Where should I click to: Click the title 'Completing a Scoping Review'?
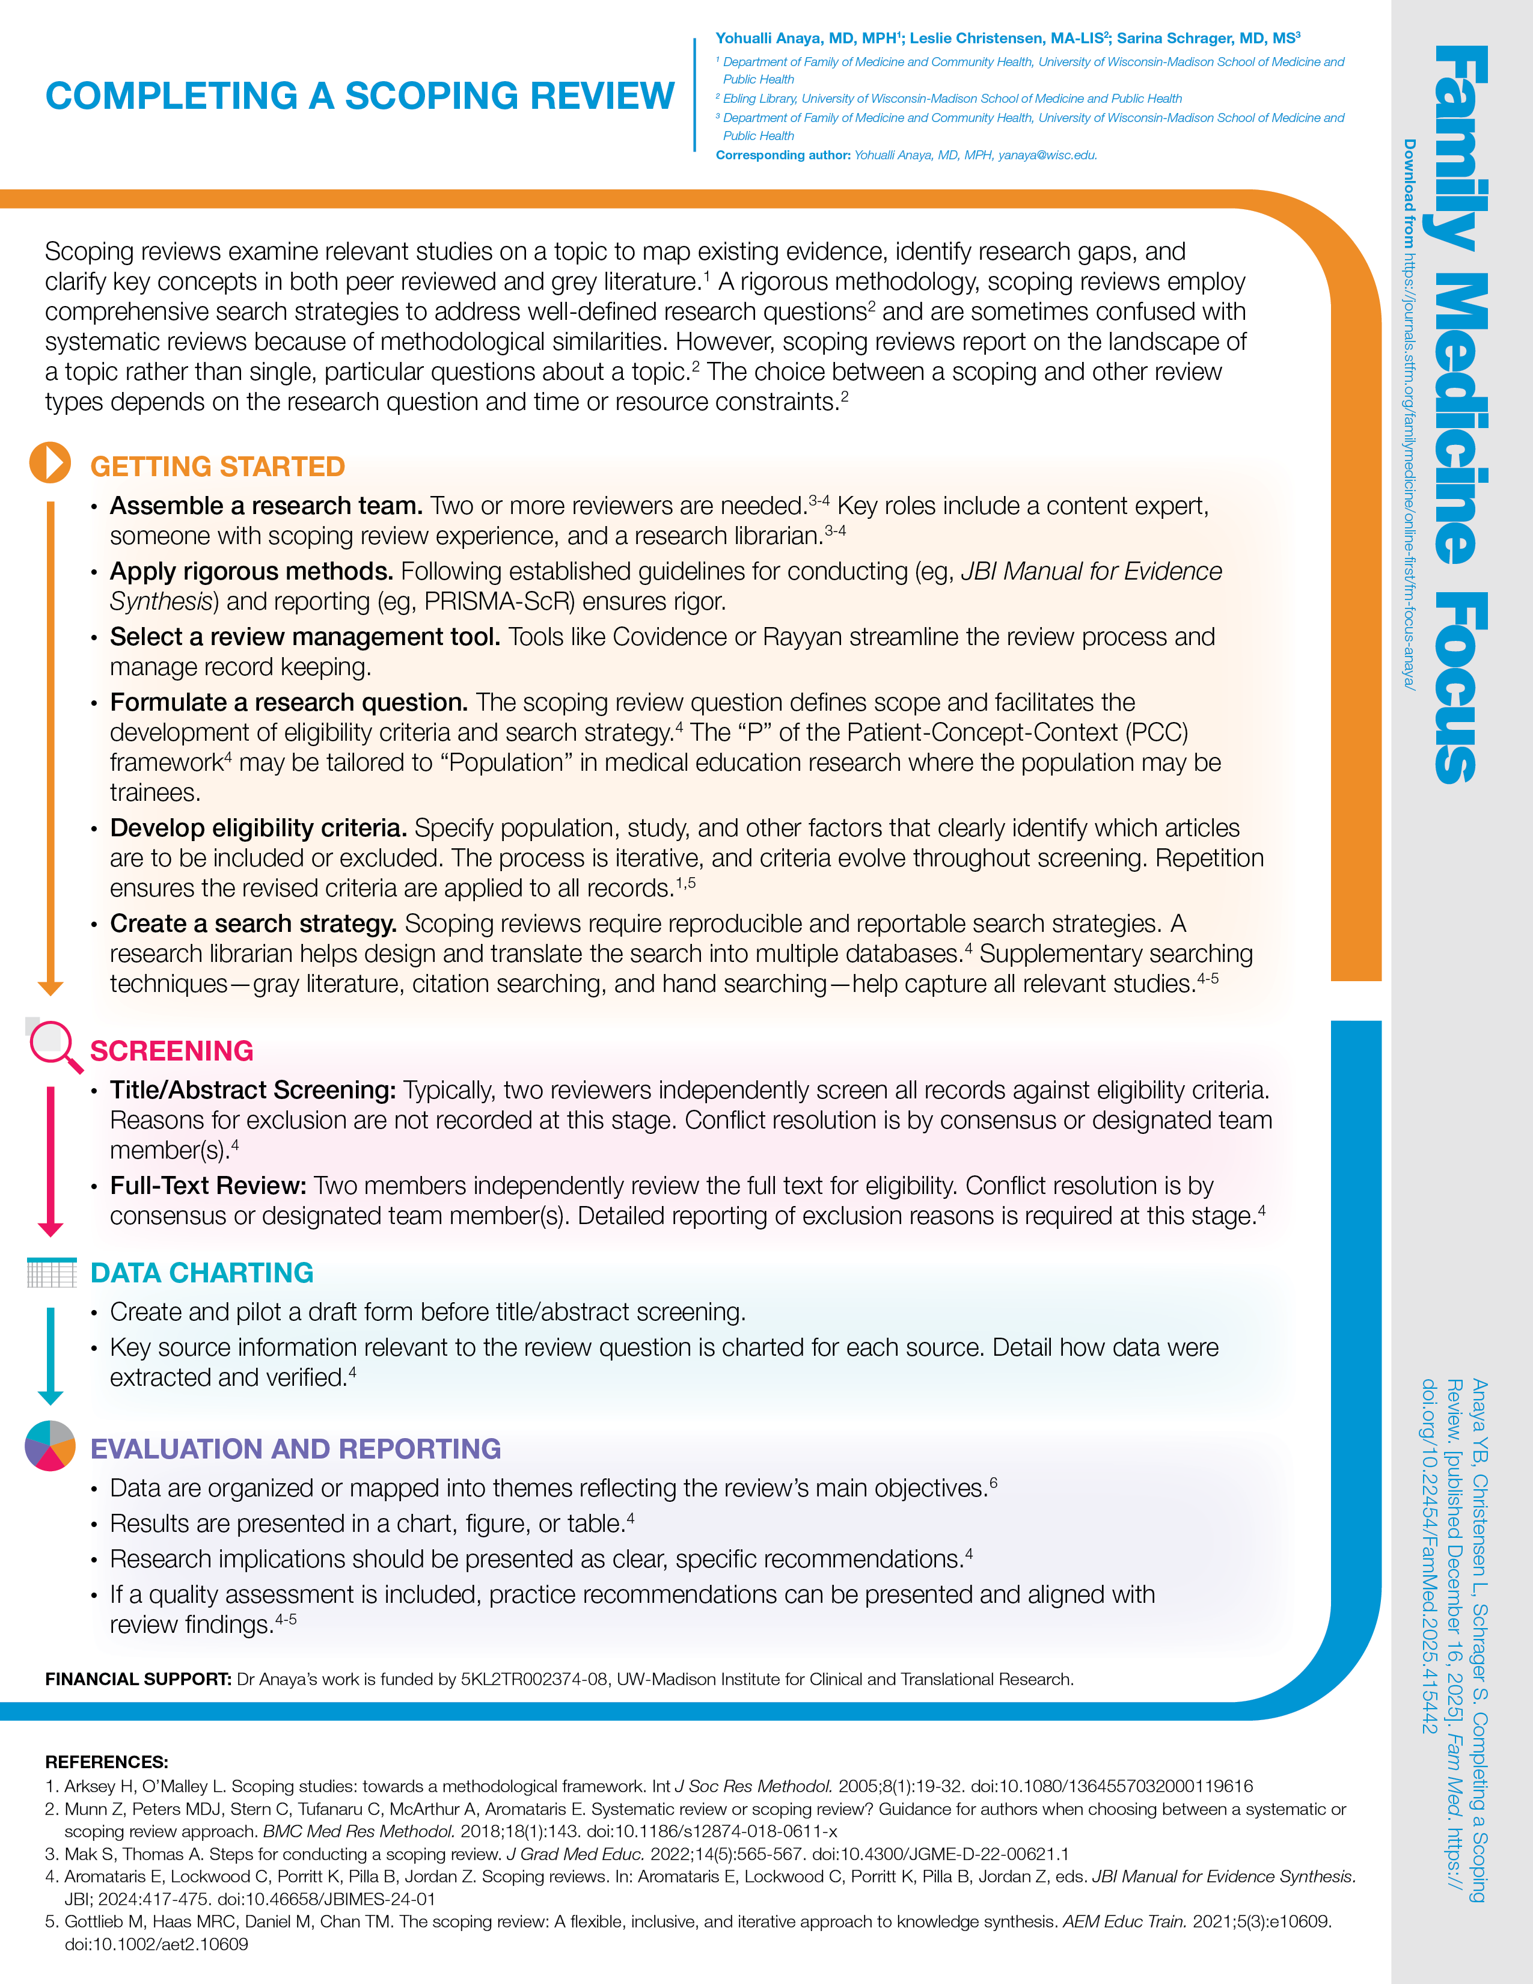pos(360,96)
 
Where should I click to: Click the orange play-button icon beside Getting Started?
pos(50,462)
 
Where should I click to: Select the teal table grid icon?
pos(52,1273)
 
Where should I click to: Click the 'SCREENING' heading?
pos(172,1051)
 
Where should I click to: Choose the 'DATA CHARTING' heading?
pos(201,1273)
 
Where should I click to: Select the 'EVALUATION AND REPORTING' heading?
pos(295,1449)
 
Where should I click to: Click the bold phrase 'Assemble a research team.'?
pos(266,506)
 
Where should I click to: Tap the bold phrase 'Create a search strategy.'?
pos(253,924)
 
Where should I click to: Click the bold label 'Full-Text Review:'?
pos(208,1186)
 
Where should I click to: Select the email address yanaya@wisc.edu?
pos(1047,155)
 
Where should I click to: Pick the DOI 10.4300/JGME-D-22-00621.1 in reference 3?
pos(941,1854)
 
